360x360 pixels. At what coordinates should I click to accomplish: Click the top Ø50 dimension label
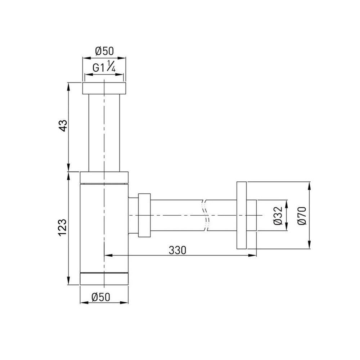click(104, 51)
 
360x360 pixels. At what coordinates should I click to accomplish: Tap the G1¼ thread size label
click(104, 68)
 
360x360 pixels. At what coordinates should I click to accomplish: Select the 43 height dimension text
click(63, 126)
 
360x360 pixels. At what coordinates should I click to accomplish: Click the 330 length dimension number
click(177, 250)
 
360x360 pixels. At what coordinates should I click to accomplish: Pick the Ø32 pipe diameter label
click(278, 215)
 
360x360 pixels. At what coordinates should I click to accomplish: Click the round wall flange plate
click(242, 215)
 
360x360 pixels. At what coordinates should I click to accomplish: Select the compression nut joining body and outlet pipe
click(144, 215)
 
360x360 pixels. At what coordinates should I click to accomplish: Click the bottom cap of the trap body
click(104, 279)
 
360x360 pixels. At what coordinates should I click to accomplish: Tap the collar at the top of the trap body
click(104, 177)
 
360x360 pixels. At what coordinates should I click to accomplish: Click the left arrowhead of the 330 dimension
click(107, 256)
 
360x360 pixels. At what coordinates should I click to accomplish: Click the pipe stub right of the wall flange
click(251, 215)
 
